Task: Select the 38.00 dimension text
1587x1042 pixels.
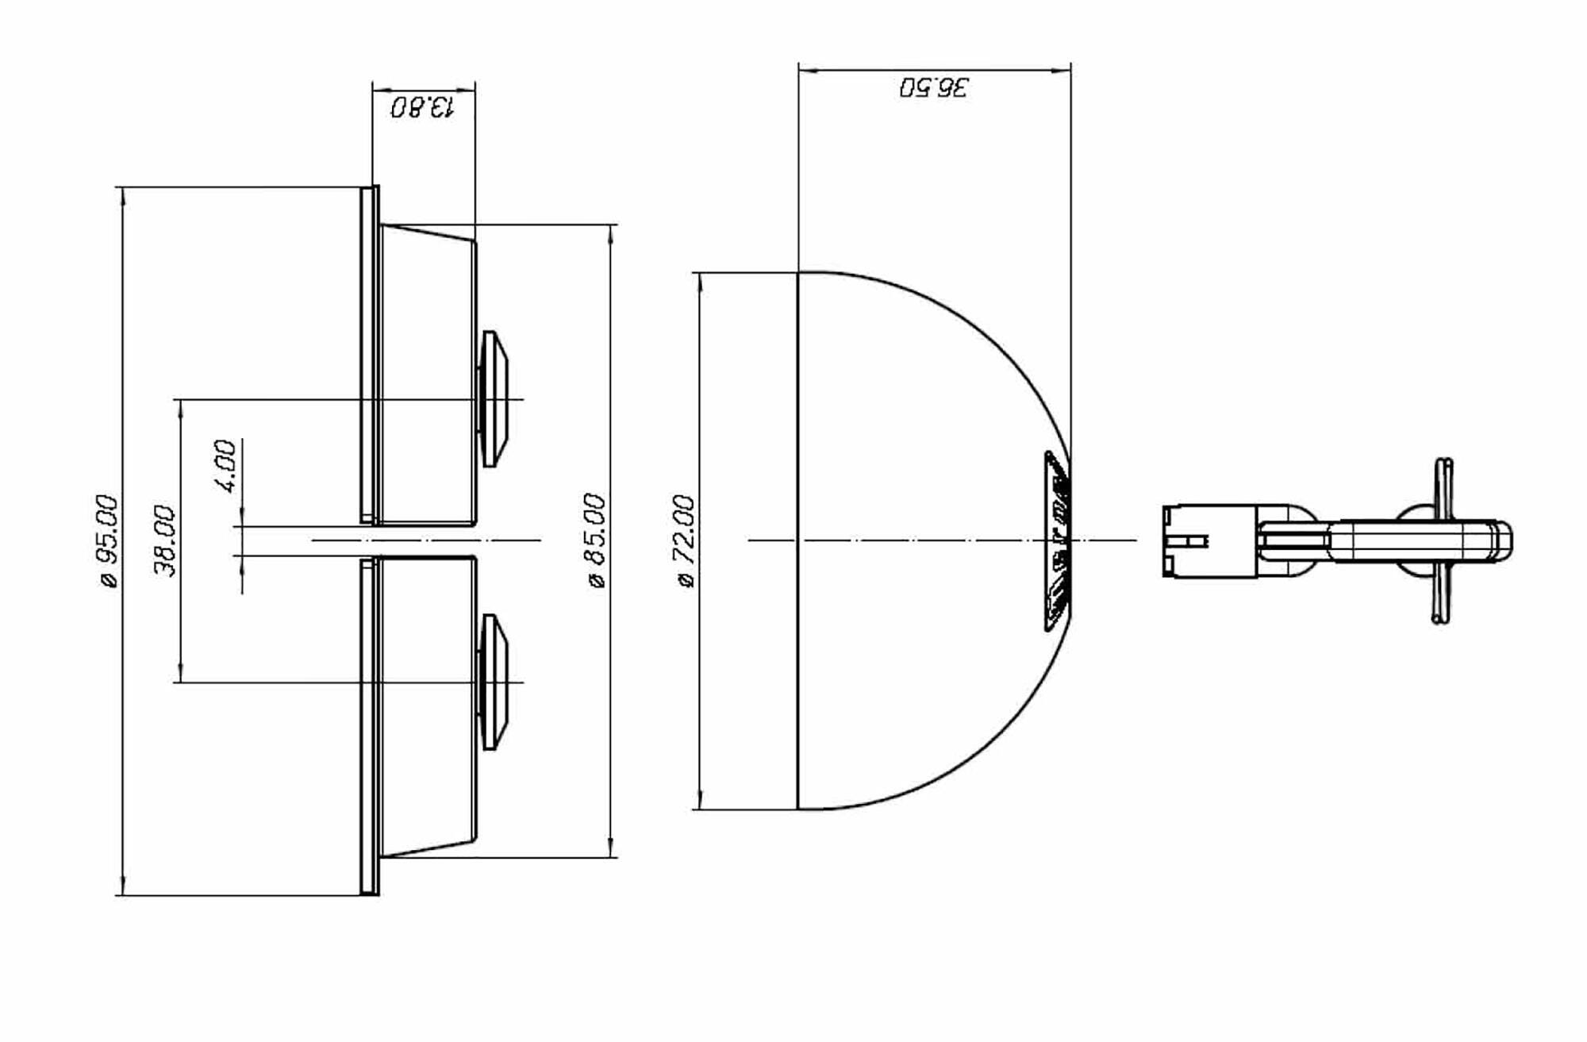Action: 166,540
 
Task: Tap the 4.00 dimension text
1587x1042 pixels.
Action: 226,466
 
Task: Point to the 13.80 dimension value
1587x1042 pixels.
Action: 423,106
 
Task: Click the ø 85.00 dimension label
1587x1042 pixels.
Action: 596,540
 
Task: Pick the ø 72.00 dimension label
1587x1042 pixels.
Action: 685,540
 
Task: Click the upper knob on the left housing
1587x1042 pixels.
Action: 494,398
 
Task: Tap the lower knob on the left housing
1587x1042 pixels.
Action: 494,682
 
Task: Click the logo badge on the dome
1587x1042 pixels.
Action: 1057,540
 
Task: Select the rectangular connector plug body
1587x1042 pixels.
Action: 1209,540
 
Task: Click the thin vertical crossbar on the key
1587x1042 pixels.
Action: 1443,540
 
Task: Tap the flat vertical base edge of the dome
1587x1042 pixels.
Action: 797,540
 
